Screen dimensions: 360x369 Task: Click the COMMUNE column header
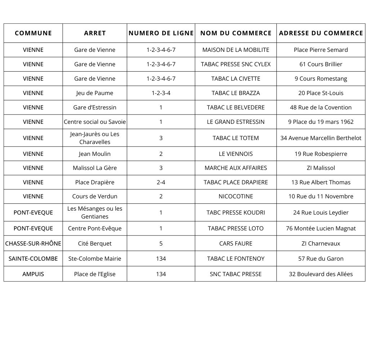[x=33, y=33]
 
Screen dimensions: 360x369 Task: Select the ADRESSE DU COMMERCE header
[x=321, y=33]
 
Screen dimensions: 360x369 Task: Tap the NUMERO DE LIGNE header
[x=161, y=33]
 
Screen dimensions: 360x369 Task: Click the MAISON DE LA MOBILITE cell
[x=236, y=50]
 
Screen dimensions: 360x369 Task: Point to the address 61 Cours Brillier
[x=321, y=64]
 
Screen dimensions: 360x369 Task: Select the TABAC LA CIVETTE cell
[x=236, y=78]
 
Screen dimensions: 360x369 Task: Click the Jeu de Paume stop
[x=95, y=93]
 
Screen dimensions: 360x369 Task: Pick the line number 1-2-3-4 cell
[x=161, y=93]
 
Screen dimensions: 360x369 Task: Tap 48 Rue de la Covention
[x=321, y=107]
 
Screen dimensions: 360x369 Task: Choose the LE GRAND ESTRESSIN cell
[x=236, y=122]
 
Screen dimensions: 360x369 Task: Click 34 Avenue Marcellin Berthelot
[x=321, y=138]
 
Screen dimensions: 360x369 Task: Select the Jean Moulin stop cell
[x=95, y=154]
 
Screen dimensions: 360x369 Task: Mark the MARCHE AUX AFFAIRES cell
[x=236, y=168]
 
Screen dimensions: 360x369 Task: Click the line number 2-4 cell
[x=161, y=182]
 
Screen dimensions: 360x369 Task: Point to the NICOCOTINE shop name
[x=236, y=196]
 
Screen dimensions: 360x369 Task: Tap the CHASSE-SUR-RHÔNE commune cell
[x=33, y=243]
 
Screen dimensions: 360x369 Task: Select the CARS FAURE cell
[x=236, y=243]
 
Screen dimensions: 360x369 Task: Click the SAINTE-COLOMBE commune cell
[x=33, y=258]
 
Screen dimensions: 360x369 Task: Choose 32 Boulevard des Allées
[x=321, y=274]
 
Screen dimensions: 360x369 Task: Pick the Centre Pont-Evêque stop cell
[x=95, y=228]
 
